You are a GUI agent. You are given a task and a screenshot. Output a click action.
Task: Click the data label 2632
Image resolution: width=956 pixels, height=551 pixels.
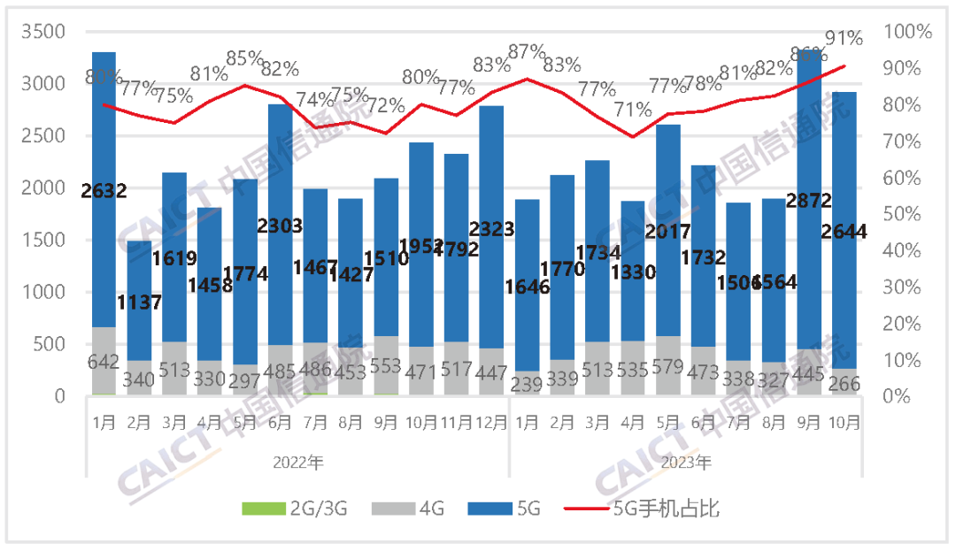point(104,189)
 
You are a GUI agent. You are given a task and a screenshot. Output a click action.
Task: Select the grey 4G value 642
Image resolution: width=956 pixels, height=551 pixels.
point(104,361)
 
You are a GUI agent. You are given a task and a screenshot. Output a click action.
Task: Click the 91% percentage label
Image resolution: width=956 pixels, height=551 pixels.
point(844,38)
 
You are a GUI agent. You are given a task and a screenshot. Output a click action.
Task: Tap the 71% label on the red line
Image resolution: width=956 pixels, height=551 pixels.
point(632,111)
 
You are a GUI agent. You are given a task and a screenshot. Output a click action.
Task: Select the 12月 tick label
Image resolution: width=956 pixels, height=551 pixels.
point(491,423)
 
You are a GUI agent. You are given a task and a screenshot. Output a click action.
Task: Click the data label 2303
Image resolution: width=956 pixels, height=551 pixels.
point(280,226)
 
